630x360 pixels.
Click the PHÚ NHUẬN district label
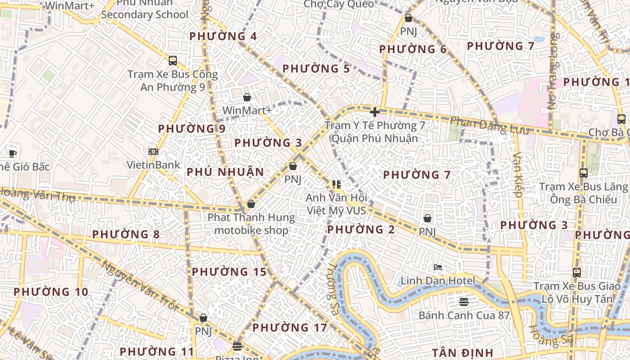click(225, 172)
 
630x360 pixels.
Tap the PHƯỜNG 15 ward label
click(229, 272)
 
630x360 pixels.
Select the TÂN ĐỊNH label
click(463, 352)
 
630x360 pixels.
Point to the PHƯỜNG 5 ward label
click(316, 69)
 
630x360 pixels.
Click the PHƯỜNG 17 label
click(289, 328)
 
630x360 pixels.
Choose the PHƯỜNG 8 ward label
click(126, 234)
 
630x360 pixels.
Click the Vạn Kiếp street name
click(517, 175)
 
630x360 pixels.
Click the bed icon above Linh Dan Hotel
click(438, 267)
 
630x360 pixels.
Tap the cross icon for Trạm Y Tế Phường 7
click(374, 112)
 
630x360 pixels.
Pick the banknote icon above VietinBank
click(153, 152)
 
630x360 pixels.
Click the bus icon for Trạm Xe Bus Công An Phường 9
click(173, 61)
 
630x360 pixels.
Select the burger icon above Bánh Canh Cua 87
click(464, 301)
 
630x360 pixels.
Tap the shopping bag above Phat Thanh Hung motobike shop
click(251, 204)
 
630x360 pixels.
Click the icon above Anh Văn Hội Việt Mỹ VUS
click(336, 184)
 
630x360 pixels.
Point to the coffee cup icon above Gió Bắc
click(13, 153)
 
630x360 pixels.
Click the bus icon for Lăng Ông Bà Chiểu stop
click(583, 173)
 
